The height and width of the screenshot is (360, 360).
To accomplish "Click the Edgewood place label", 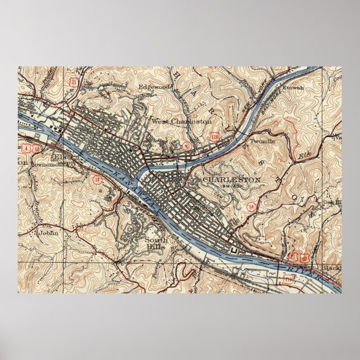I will [x=154, y=87].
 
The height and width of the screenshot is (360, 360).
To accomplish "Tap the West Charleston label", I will [x=181, y=121].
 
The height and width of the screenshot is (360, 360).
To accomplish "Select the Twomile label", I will [x=262, y=142].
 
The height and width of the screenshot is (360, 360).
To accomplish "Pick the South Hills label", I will [x=156, y=244].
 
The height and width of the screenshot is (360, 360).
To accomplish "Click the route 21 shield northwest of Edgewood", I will [x=73, y=82].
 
